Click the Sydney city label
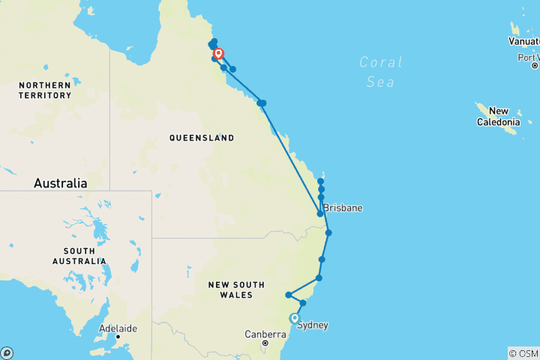coord(313,325)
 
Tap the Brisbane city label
coord(343,208)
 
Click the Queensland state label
coord(201,138)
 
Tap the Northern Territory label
coord(45,90)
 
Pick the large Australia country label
coord(60,183)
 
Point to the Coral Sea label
coord(380,72)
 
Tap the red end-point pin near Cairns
coord(218,53)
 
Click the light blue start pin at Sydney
coord(295,318)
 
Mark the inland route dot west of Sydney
coord(288,295)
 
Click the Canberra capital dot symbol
coord(265,343)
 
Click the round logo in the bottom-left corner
coord(6,352)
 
